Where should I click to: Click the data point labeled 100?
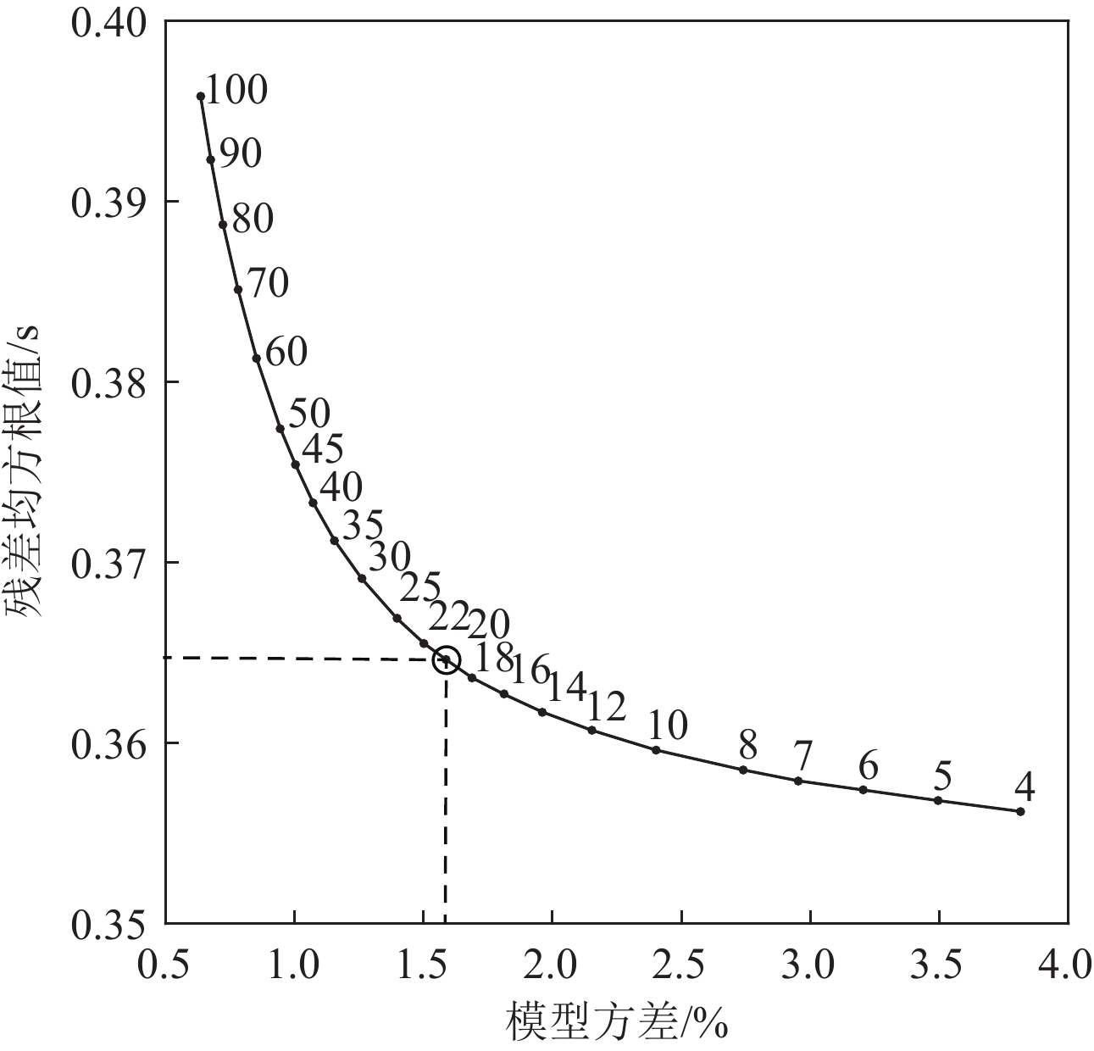[201, 97]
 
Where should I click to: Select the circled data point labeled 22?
[446, 659]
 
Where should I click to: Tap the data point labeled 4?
[1020, 811]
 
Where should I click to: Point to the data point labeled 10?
[656, 750]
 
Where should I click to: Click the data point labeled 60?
[256, 359]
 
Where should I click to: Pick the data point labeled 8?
[743, 770]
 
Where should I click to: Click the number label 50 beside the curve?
[309, 414]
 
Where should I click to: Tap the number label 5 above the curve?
[942, 776]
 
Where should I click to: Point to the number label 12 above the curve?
[606, 705]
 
